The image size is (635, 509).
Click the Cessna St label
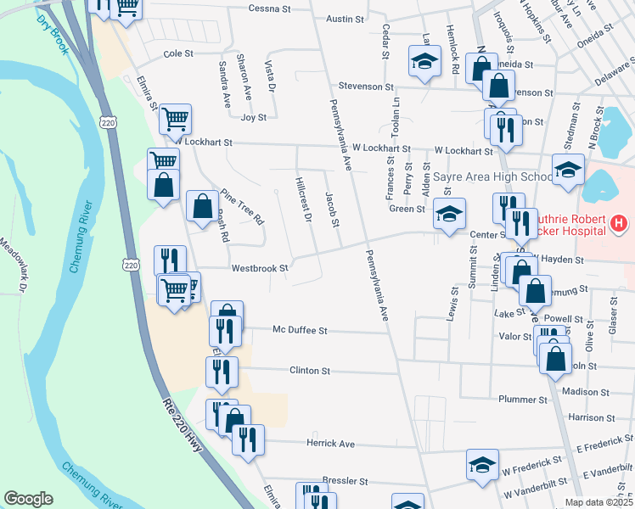coord(269,8)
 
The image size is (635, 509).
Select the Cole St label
coord(178,53)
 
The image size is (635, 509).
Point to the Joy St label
coord(254,117)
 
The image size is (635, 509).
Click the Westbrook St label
coord(261,268)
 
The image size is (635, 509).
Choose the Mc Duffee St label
coord(300,330)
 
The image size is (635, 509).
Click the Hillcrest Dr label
coord(304,200)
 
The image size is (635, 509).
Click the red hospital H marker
coord(619,225)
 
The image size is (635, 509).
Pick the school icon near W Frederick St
coord(482,464)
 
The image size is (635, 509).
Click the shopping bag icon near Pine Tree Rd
coord(202,204)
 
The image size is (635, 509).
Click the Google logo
coord(29,499)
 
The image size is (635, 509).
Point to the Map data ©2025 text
coord(598,502)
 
